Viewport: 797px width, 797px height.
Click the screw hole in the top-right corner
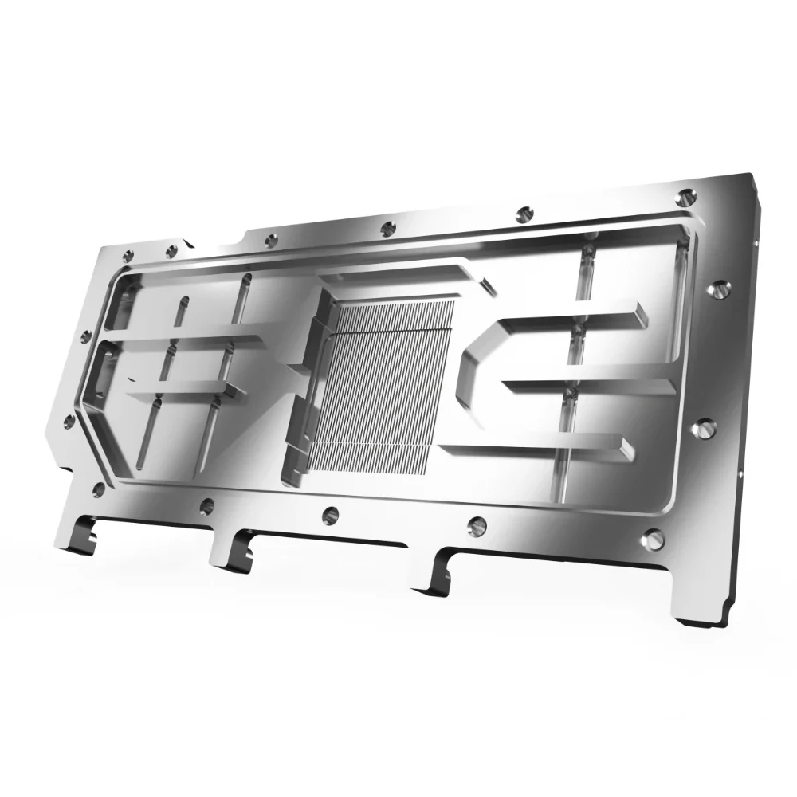pyautogui.click(x=687, y=194)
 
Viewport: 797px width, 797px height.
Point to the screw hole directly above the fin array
pyautogui.click(x=388, y=226)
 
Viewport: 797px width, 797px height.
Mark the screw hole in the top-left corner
pyautogui.click(x=128, y=257)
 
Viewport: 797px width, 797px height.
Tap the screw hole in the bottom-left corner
pyautogui.click(x=99, y=488)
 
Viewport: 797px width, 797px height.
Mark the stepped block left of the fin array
pyautogui.click(x=303, y=383)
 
